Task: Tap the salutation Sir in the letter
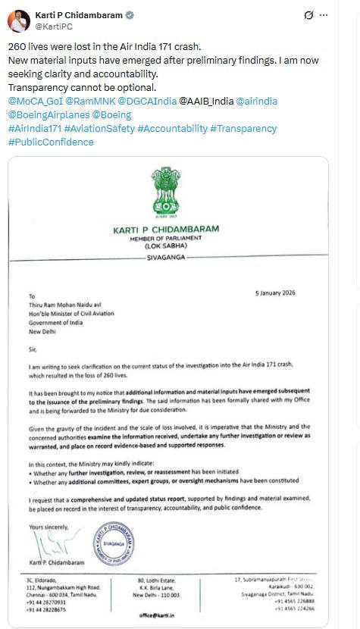click(x=32, y=349)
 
